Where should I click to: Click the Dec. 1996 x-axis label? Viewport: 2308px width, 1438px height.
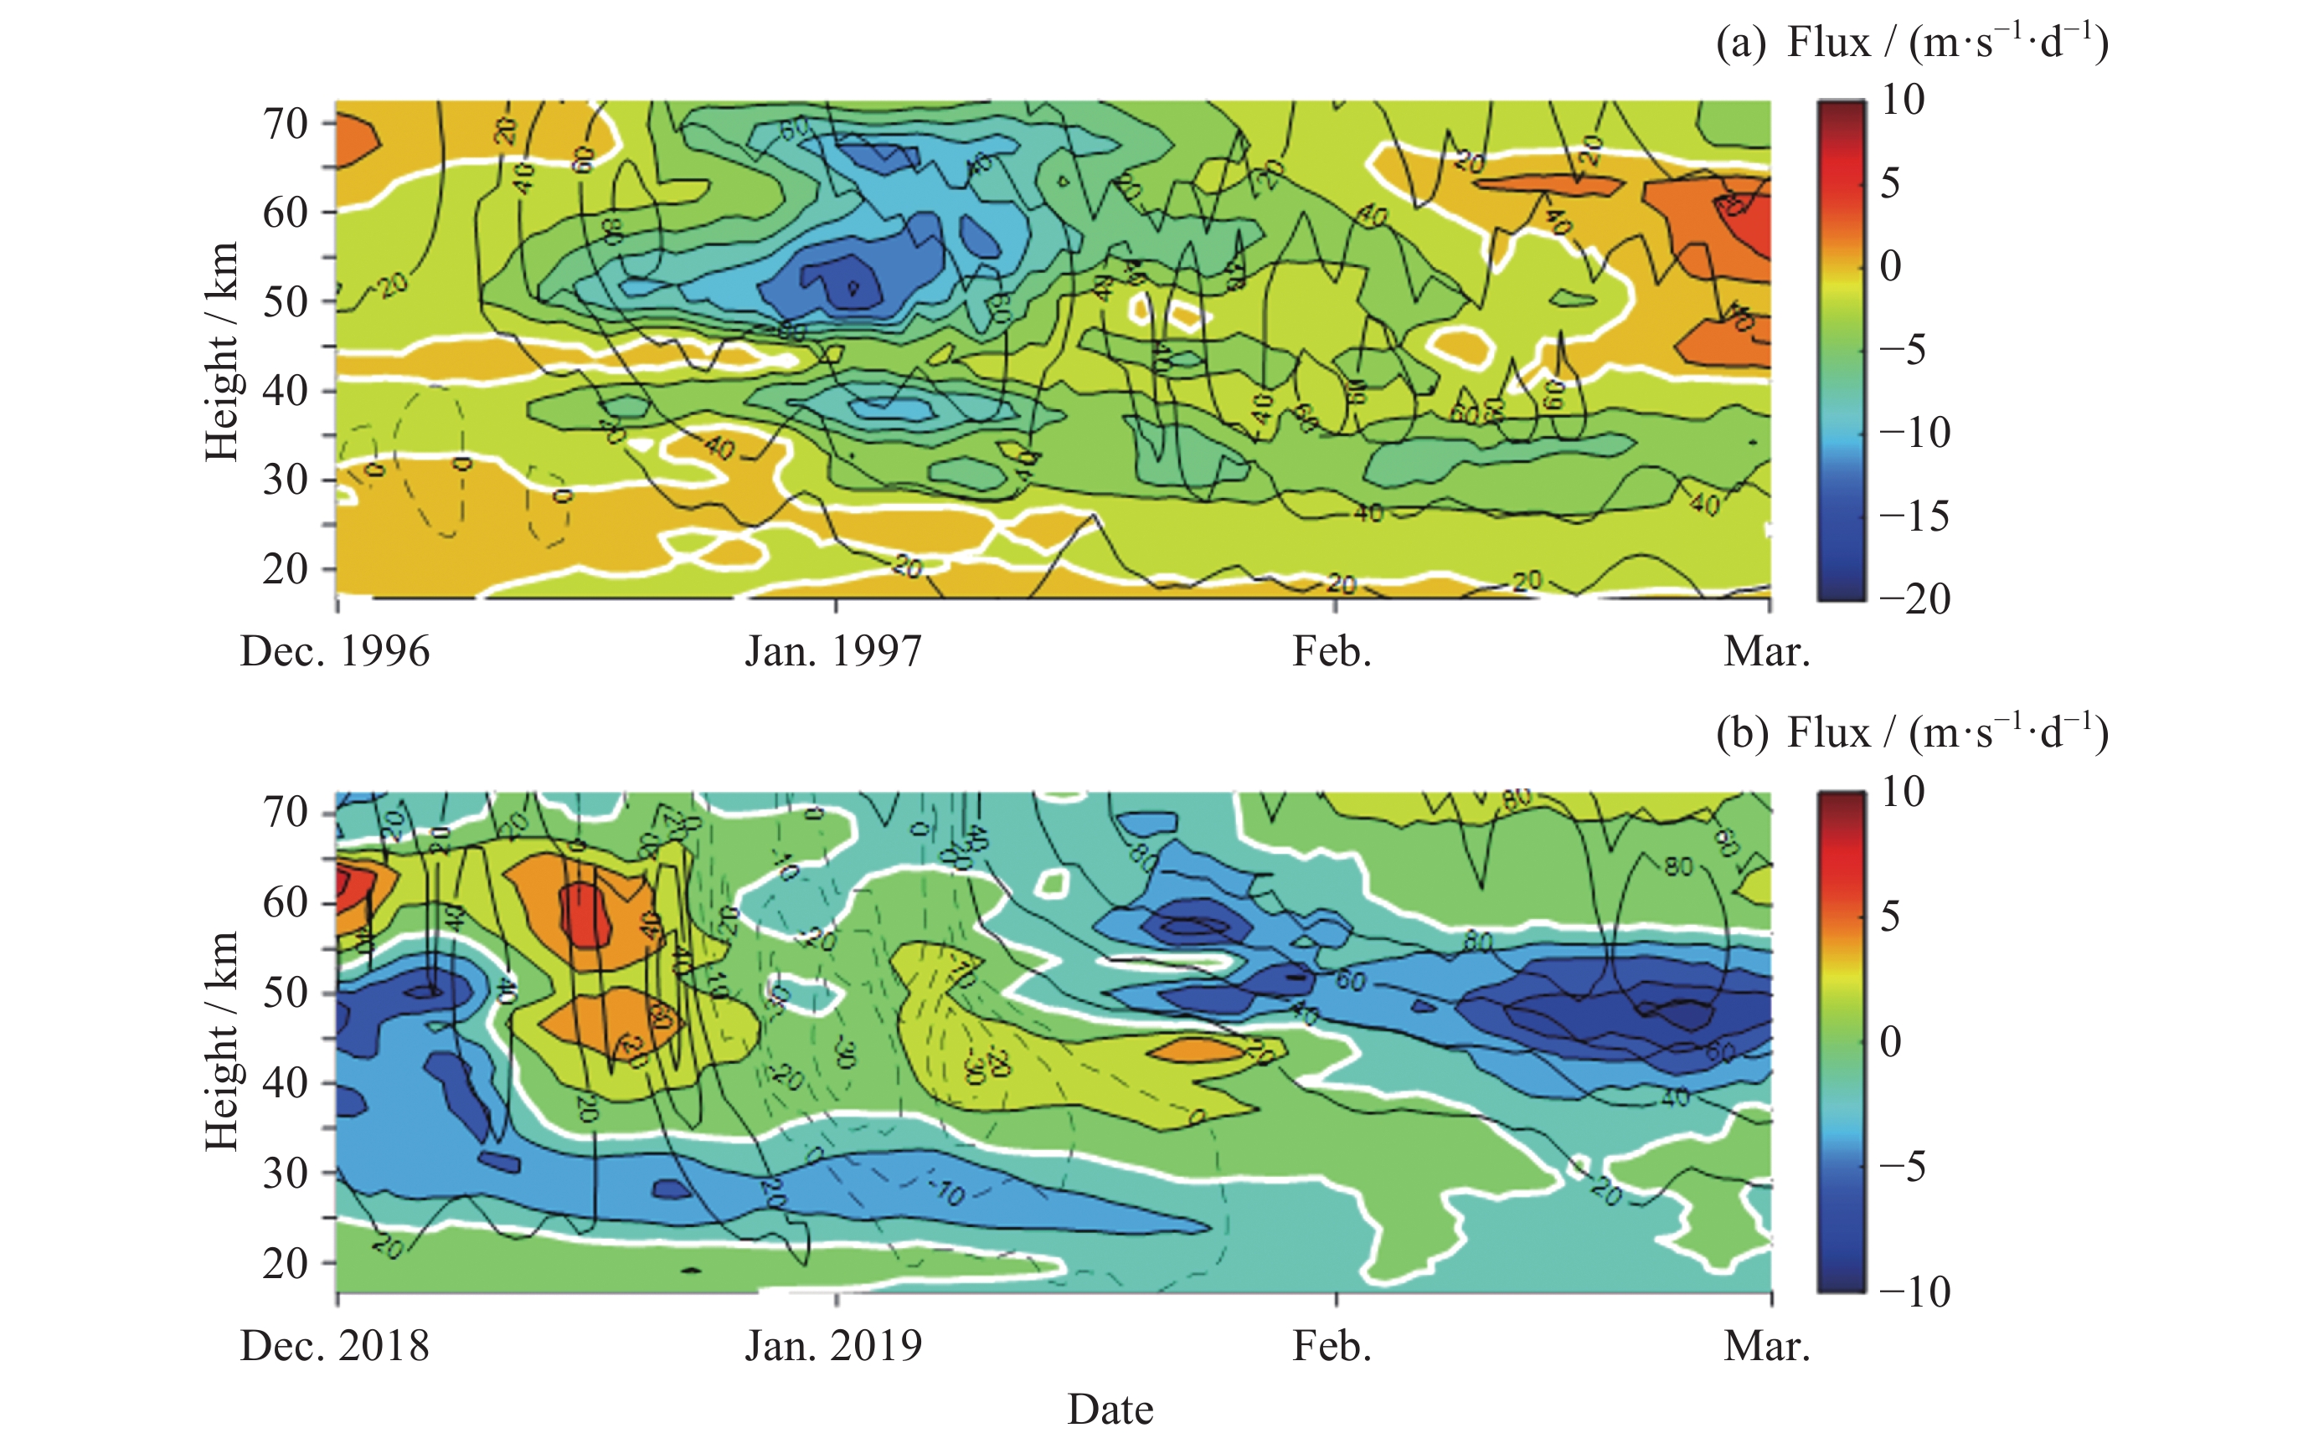pos(335,652)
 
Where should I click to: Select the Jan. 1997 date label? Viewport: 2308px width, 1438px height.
pos(833,652)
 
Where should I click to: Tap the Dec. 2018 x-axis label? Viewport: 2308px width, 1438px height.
pos(335,1346)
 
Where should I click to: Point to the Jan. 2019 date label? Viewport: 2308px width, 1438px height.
pos(833,1346)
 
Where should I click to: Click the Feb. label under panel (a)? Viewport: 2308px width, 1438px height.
pos(1332,652)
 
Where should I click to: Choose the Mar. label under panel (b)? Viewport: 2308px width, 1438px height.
pos(1767,1346)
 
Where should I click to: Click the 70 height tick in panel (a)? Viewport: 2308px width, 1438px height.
pos(286,124)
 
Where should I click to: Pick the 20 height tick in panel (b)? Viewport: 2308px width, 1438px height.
pos(286,1263)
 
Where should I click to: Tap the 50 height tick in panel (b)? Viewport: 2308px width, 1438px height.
pos(286,992)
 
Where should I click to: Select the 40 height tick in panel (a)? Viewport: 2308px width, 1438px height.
pos(286,390)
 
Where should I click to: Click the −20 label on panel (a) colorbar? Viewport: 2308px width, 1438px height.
pos(1914,599)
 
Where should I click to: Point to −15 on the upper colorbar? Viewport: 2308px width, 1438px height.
pos(1914,516)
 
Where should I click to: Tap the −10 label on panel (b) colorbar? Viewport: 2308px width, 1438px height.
pos(1914,1292)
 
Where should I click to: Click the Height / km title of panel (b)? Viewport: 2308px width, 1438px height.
pos(221,1041)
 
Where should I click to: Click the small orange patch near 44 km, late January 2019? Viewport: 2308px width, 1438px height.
pos(1197,1050)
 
